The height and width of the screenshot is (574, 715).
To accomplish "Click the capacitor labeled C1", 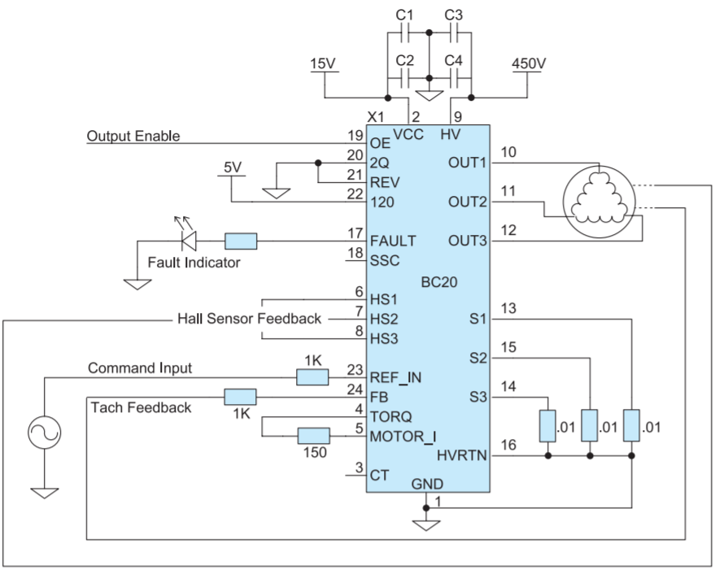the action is tap(404, 33).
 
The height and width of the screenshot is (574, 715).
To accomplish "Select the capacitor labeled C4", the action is tap(454, 78).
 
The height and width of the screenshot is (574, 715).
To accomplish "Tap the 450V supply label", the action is tap(529, 63).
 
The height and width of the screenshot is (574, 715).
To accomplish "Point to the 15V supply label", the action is tap(323, 63).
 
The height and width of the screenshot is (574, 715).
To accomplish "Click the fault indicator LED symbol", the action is tap(189, 241).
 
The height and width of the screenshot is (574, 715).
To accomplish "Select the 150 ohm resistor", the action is tap(314, 436).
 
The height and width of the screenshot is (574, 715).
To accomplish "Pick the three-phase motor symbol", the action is tap(598, 201).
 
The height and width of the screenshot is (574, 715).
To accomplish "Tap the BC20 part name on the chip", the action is tap(439, 282).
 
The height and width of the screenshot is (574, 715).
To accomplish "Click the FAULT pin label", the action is tap(393, 241).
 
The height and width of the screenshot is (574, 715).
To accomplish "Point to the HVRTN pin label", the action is tap(462, 455).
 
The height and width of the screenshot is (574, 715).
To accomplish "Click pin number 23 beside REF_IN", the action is tap(355, 370).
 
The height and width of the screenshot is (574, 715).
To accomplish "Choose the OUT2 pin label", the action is tap(468, 202).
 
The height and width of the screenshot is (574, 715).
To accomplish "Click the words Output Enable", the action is tap(133, 136).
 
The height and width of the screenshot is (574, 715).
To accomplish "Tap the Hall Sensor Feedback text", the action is tap(250, 318).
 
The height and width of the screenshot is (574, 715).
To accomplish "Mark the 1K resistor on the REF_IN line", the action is tap(312, 377).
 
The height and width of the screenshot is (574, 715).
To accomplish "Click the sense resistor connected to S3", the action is tap(547, 426).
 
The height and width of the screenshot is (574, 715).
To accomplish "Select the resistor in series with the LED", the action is tap(241, 241).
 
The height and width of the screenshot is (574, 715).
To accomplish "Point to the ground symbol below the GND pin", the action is tap(426, 525).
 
